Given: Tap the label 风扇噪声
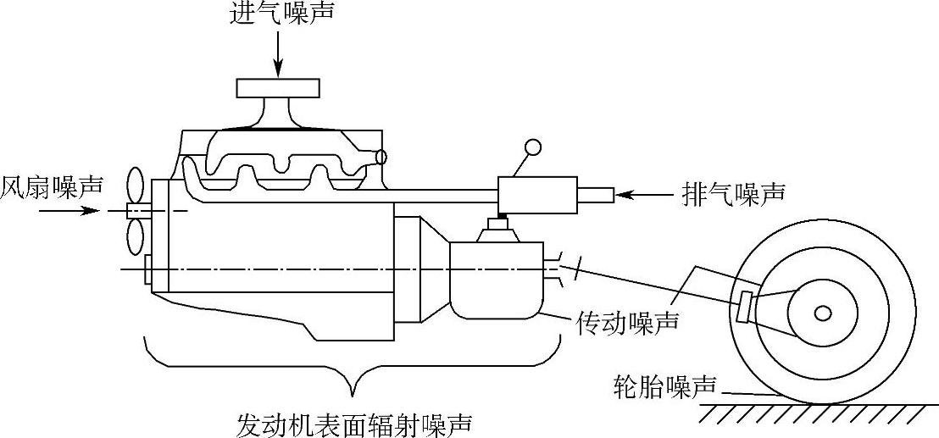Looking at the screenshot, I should (52, 184).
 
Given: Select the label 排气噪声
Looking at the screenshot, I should (733, 194).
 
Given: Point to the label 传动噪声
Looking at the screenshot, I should (628, 321).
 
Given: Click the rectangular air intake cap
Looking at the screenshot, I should (279, 87).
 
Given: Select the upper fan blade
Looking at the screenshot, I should (135, 185).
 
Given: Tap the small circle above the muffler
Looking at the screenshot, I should (533, 147).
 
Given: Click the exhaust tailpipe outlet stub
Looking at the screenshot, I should (597, 196).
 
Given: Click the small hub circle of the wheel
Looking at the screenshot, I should (822, 313).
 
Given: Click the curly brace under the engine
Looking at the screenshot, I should (354, 369).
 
